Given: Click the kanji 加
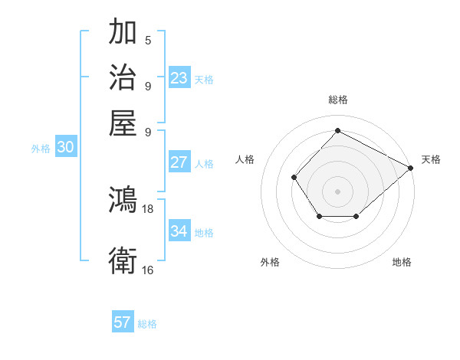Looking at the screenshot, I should [123, 34].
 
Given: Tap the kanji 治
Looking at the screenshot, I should [123, 78].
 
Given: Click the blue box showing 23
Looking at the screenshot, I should [179, 78].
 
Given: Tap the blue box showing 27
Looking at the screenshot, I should [179, 162].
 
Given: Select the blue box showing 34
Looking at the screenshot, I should [179, 231].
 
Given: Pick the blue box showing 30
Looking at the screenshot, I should [65, 148].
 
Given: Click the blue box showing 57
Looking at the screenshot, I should [123, 322].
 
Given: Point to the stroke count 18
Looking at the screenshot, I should [148, 208].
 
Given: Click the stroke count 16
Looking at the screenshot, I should [148, 270].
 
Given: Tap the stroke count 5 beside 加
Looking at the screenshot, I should [148, 41].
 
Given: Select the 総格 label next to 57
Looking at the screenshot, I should [147, 324].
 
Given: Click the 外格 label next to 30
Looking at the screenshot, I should [41, 149].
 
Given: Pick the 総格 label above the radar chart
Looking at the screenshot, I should [337, 100].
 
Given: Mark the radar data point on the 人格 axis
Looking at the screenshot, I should [294, 177].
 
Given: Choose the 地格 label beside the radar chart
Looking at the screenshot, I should [402, 263].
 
